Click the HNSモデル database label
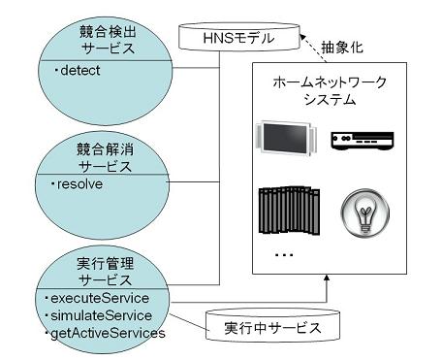238,38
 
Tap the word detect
80,71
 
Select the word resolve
79,184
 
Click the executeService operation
100,298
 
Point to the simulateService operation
101,315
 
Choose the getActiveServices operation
108,334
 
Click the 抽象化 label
342,48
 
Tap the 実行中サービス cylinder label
272,328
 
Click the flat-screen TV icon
285,138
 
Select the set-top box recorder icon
363,141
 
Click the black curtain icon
289,210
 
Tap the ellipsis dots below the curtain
284,255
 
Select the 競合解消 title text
105,149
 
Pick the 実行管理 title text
105,264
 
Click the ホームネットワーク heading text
330,82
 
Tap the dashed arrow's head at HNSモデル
302,37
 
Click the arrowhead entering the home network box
327,278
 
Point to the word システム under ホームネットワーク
330,99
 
